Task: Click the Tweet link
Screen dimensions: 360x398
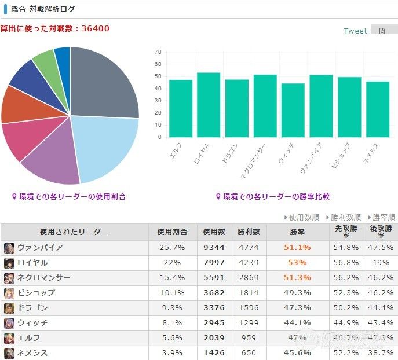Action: [355, 31]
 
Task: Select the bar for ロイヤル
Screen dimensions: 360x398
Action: [209, 105]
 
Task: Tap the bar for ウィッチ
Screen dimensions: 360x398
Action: [293, 110]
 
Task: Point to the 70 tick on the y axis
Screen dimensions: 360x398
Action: [158, 52]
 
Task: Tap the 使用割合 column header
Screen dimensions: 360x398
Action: [172, 232]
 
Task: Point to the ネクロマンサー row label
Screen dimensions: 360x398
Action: [44, 278]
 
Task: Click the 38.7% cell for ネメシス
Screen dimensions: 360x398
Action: [381, 353]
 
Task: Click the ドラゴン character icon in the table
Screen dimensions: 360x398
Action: [9, 308]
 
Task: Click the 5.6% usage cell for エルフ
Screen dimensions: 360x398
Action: [172, 338]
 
